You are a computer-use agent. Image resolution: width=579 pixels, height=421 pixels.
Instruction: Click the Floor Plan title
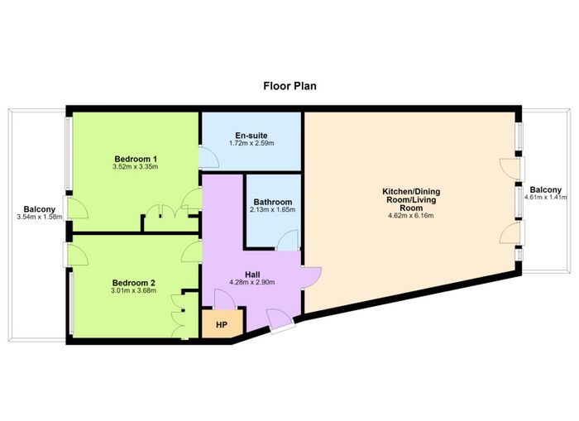(x=289, y=86)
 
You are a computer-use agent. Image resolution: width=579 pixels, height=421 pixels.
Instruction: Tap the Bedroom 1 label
(x=136, y=159)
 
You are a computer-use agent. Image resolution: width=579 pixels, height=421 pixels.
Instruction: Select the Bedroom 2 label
(x=134, y=283)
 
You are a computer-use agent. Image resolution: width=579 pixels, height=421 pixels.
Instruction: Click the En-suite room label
(x=251, y=136)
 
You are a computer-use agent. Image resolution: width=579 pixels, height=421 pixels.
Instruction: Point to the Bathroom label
(x=273, y=202)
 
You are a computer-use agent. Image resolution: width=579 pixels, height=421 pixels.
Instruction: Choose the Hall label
(x=252, y=275)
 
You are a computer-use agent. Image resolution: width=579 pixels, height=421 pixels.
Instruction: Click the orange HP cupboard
(x=222, y=323)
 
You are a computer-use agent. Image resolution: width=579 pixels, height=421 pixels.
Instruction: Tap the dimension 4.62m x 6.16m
(x=411, y=216)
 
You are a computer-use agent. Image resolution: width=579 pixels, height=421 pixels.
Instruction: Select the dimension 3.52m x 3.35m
(x=136, y=166)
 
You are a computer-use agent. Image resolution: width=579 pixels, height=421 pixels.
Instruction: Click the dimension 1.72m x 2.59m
(x=251, y=143)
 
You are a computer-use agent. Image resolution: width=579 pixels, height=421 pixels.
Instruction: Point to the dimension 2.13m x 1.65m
(x=273, y=210)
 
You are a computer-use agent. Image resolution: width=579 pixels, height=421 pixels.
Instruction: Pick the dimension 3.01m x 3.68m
(x=134, y=290)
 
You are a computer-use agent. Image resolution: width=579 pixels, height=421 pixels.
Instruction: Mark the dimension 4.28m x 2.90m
(x=252, y=283)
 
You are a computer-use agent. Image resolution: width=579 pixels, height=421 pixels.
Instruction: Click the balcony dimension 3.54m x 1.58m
(x=40, y=217)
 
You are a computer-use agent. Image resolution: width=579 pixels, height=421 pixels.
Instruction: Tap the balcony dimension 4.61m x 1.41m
(x=546, y=197)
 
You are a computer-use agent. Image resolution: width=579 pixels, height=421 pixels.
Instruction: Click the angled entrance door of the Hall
(x=280, y=321)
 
